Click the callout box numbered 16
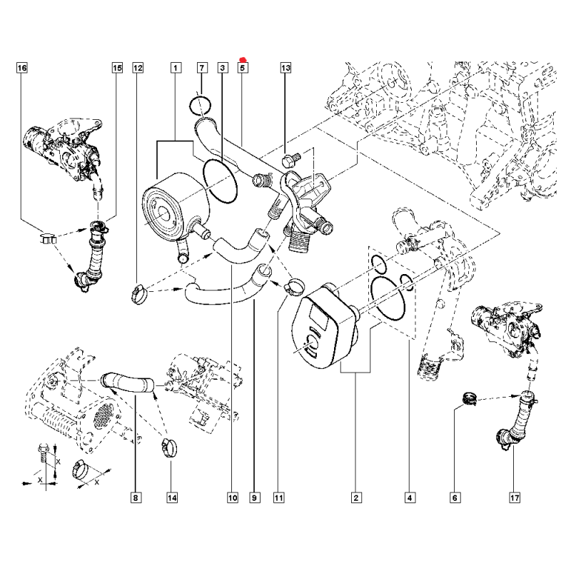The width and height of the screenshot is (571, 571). (x=22, y=69)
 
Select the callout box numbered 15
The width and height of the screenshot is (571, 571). (x=116, y=69)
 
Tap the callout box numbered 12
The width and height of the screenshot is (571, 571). (x=138, y=69)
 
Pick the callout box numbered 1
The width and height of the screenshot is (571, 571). (x=174, y=69)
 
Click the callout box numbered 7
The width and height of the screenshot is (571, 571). (x=202, y=69)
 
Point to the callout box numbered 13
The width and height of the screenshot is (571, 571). (x=285, y=69)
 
